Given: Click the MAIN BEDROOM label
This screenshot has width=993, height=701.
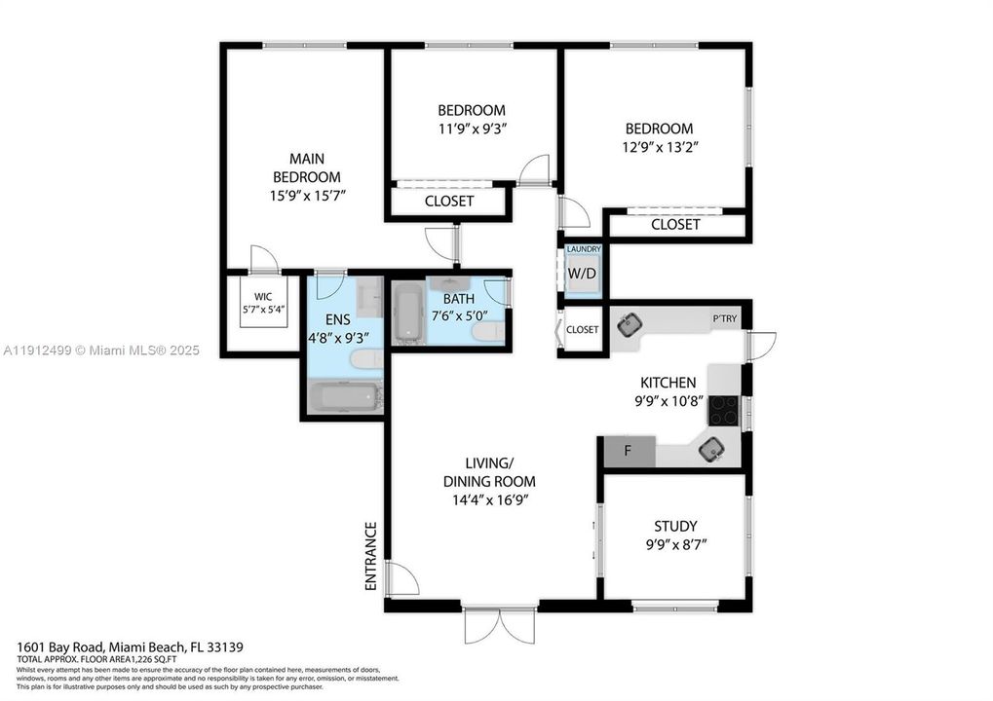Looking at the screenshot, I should (x=307, y=167).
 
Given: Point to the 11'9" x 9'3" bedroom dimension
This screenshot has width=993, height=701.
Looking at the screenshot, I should (x=471, y=129).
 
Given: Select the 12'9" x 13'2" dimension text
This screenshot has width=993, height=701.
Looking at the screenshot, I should (x=660, y=147).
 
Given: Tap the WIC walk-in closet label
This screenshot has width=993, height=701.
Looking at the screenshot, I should (x=263, y=296).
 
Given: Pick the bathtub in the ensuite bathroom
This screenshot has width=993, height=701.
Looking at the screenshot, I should (x=343, y=398).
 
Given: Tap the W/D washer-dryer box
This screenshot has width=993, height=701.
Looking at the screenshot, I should (x=581, y=274).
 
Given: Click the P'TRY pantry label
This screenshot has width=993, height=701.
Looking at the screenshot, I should (x=724, y=318).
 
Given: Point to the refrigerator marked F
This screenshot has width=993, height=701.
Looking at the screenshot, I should (x=628, y=451).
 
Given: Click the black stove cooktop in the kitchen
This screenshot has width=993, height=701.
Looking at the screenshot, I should (x=722, y=410).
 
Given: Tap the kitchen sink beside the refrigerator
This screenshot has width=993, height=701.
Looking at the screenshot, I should (x=708, y=448).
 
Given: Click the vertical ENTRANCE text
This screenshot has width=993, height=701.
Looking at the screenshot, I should (x=370, y=556).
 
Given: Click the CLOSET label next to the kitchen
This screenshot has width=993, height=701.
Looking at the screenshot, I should (x=583, y=329).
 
